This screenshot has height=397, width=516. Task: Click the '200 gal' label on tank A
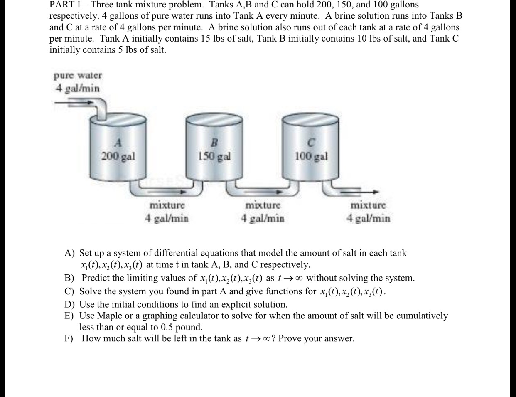(x=118, y=157)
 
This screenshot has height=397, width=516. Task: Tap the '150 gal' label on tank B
(x=214, y=157)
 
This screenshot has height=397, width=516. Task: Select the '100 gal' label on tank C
(x=311, y=157)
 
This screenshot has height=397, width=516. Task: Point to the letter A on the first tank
(x=118, y=143)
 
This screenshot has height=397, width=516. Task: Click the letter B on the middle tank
(x=214, y=143)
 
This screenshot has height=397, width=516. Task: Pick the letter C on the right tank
(x=311, y=143)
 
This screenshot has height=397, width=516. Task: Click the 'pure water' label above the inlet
(x=78, y=76)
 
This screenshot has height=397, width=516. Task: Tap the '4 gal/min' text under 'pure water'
(x=78, y=88)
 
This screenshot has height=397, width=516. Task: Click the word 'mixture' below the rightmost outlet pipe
(x=368, y=205)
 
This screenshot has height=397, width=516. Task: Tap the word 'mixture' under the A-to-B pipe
(x=167, y=205)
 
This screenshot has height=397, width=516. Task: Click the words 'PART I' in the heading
(x=66, y=5)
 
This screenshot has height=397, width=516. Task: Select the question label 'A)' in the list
(x=69, y=253)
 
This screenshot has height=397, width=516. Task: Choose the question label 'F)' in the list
(x=69, y=338)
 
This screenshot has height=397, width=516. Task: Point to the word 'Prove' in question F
(x=290, y=338)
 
